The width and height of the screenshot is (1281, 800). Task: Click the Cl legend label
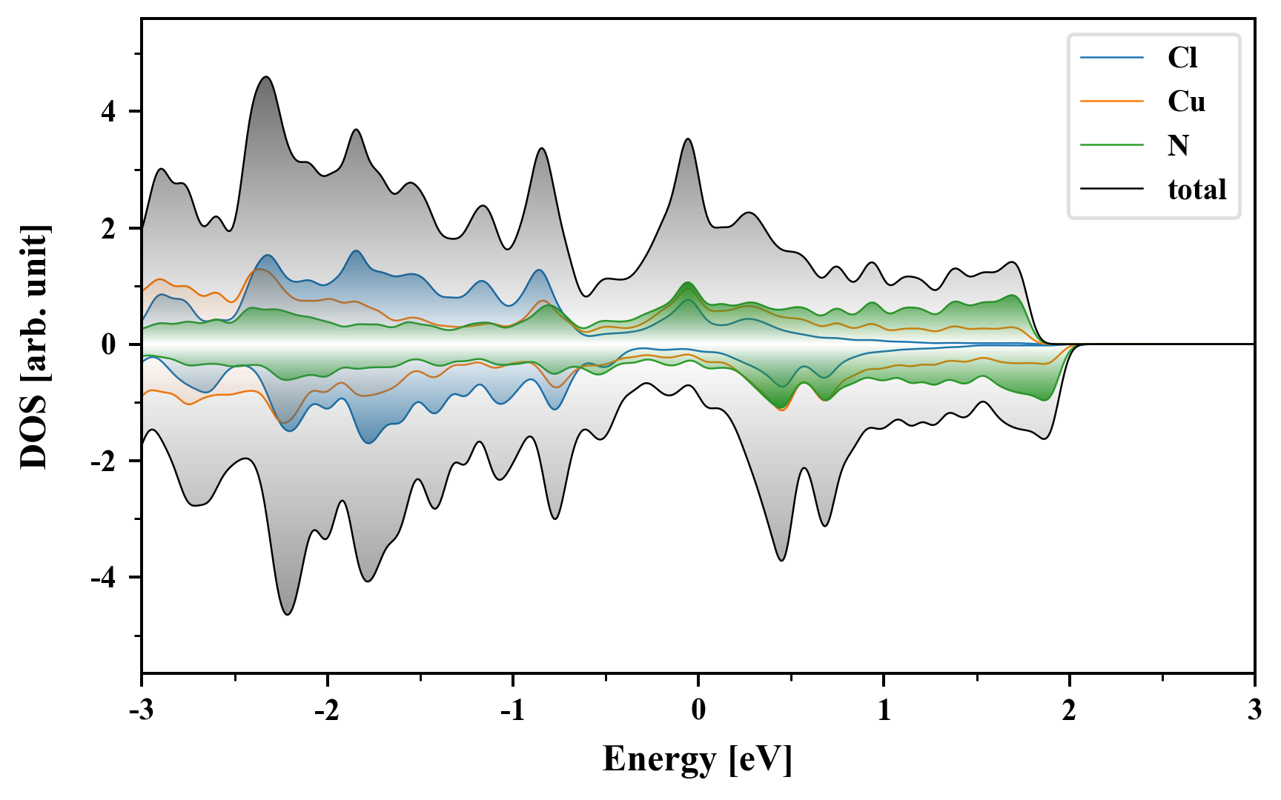(1182, 58)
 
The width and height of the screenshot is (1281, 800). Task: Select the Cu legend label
(1186, 101)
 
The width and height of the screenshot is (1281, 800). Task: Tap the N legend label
(1178, 145)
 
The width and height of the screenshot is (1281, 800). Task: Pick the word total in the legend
(1196, 190)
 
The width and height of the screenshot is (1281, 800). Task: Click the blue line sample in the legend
(1112, 58)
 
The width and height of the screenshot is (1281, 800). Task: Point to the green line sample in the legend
(1112, 145)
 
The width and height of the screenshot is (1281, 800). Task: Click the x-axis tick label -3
(141, 710)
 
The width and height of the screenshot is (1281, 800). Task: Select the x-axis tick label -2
(326, 710)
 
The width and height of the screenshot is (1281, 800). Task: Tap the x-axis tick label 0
(698, 710)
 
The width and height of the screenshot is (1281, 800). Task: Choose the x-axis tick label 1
(884, 710)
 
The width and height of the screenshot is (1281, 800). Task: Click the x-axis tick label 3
(1254, 710)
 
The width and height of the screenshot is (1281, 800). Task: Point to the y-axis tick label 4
(110, 112)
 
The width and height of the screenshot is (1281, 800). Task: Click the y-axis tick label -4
(105, 578)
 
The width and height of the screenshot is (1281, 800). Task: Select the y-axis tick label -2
(105, 461)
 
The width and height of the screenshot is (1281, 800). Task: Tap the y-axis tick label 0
(110, 345)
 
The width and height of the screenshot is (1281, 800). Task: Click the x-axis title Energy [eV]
(698, 759)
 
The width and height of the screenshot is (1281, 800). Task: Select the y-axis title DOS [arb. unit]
(34, 347)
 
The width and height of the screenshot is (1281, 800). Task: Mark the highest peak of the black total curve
(266, 77)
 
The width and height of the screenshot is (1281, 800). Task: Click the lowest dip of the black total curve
(288, 614)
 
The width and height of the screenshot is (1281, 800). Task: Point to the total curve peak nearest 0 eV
(688, 139)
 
